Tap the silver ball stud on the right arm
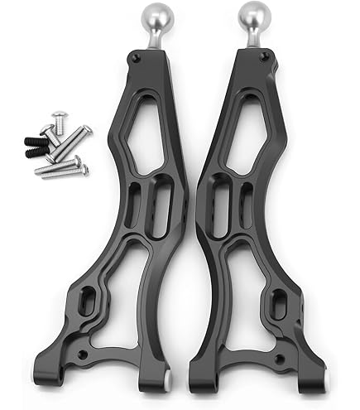coord(252,17)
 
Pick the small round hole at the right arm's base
coord(278,358)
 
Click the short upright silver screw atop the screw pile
coord(58,120)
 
